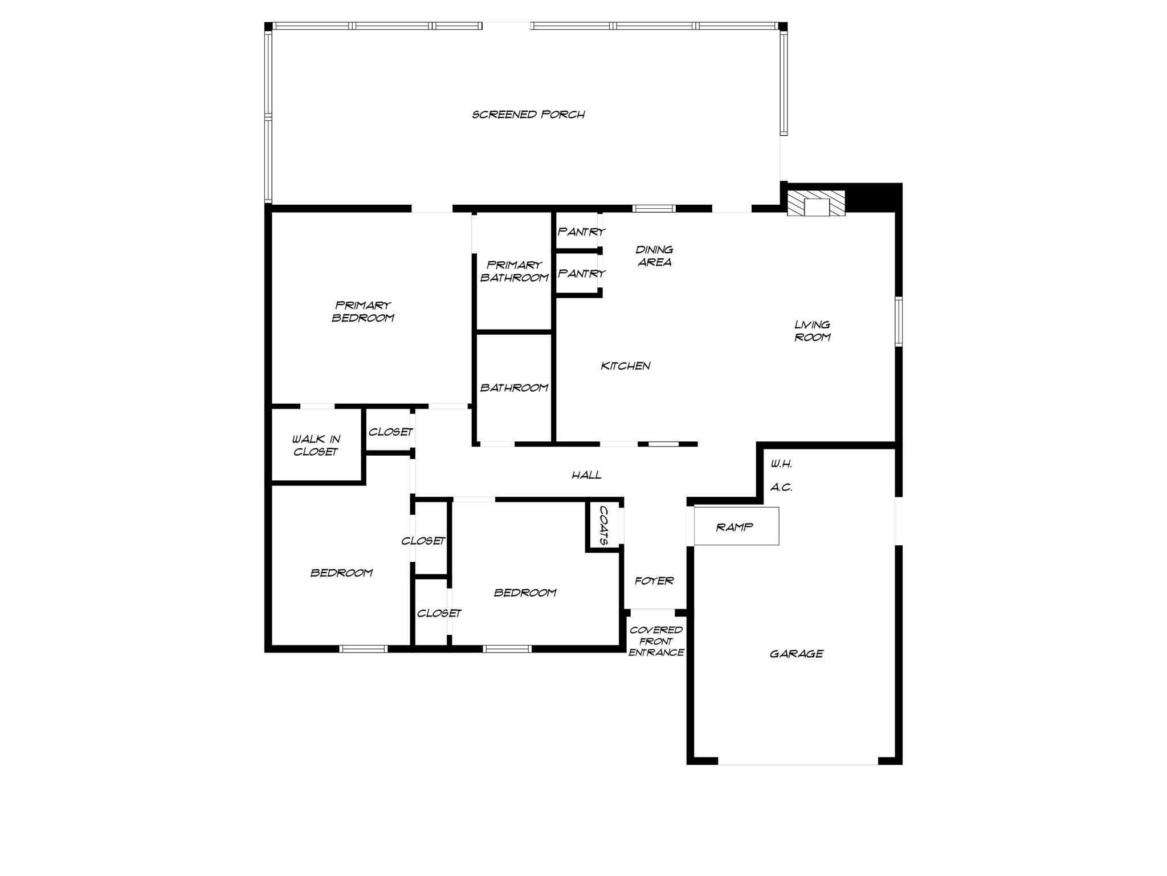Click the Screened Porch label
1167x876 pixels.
point(528,115)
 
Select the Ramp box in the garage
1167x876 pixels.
point(736,526)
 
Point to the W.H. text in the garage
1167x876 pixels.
point(781,464)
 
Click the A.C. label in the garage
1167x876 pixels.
point(781,488)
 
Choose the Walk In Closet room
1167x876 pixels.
point(316,445)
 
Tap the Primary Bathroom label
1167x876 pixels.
point(514,271)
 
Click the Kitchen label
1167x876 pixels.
point(625,366)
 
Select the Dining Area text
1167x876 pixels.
point(654,256)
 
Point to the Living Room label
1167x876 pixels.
point(813,331)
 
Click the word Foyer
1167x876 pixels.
point(654,581)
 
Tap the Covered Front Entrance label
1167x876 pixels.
point(656,641)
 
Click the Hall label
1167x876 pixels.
point(586,475)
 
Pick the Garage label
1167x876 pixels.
point(796,654)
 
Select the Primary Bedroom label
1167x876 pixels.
point(363,312)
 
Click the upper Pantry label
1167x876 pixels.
point(581,232)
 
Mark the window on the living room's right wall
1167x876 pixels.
point(899,321)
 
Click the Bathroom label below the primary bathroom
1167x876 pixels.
point(514,388)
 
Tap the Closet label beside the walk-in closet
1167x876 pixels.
point(390,432)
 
